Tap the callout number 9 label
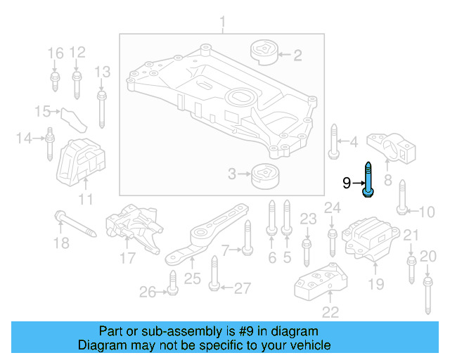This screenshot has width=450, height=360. tap(346, 184)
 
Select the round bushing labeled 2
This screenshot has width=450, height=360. tap(266, 53)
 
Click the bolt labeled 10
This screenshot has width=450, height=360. tap(402, 198)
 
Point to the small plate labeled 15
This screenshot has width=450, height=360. tap(71, 117)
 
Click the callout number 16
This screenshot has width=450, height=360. tap(55, 53)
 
